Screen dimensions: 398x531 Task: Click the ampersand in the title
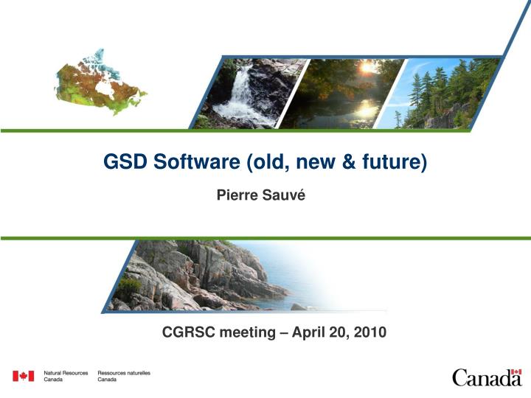344,161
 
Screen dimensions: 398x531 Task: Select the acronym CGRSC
187,333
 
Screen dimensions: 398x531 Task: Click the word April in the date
310,333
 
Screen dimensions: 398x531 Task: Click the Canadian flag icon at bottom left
23,377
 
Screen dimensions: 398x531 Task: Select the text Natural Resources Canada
66,377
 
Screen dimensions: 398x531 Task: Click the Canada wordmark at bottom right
487,378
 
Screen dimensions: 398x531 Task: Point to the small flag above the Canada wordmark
516,371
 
